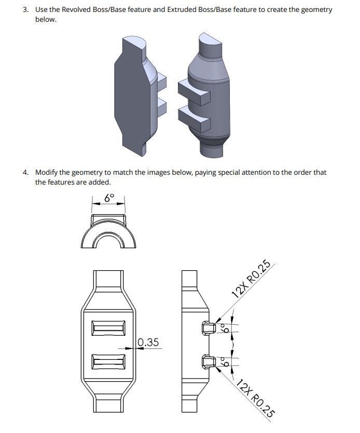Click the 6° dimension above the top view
click(x=108, y=198)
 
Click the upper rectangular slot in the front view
click(x=108, y=328)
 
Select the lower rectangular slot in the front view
click(x=108, y=361)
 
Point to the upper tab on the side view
click(x=206, y=328)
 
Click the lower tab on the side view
click(x=206, y=361)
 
